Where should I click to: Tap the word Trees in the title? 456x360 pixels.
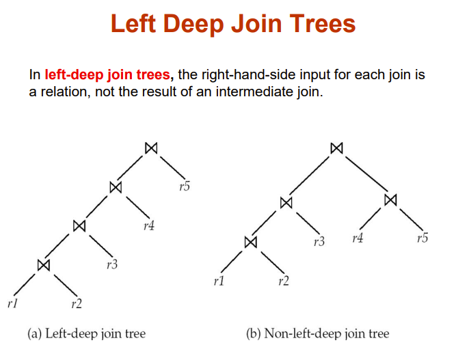[x=317, y=25]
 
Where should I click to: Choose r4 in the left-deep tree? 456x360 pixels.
[x=149, y=225]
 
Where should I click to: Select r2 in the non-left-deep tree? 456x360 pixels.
[x=284, y=281]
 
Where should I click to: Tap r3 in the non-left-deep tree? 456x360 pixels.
[x=318, y=242]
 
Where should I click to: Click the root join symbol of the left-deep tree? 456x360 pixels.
[x=151, y=148]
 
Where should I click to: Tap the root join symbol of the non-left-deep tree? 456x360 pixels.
[x=336, y=148]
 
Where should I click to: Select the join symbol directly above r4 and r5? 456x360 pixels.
[x=390, y=200]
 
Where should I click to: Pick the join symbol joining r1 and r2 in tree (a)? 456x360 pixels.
[x=44, y=264]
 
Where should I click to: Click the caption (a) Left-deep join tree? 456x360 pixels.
[x=86, y=334]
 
